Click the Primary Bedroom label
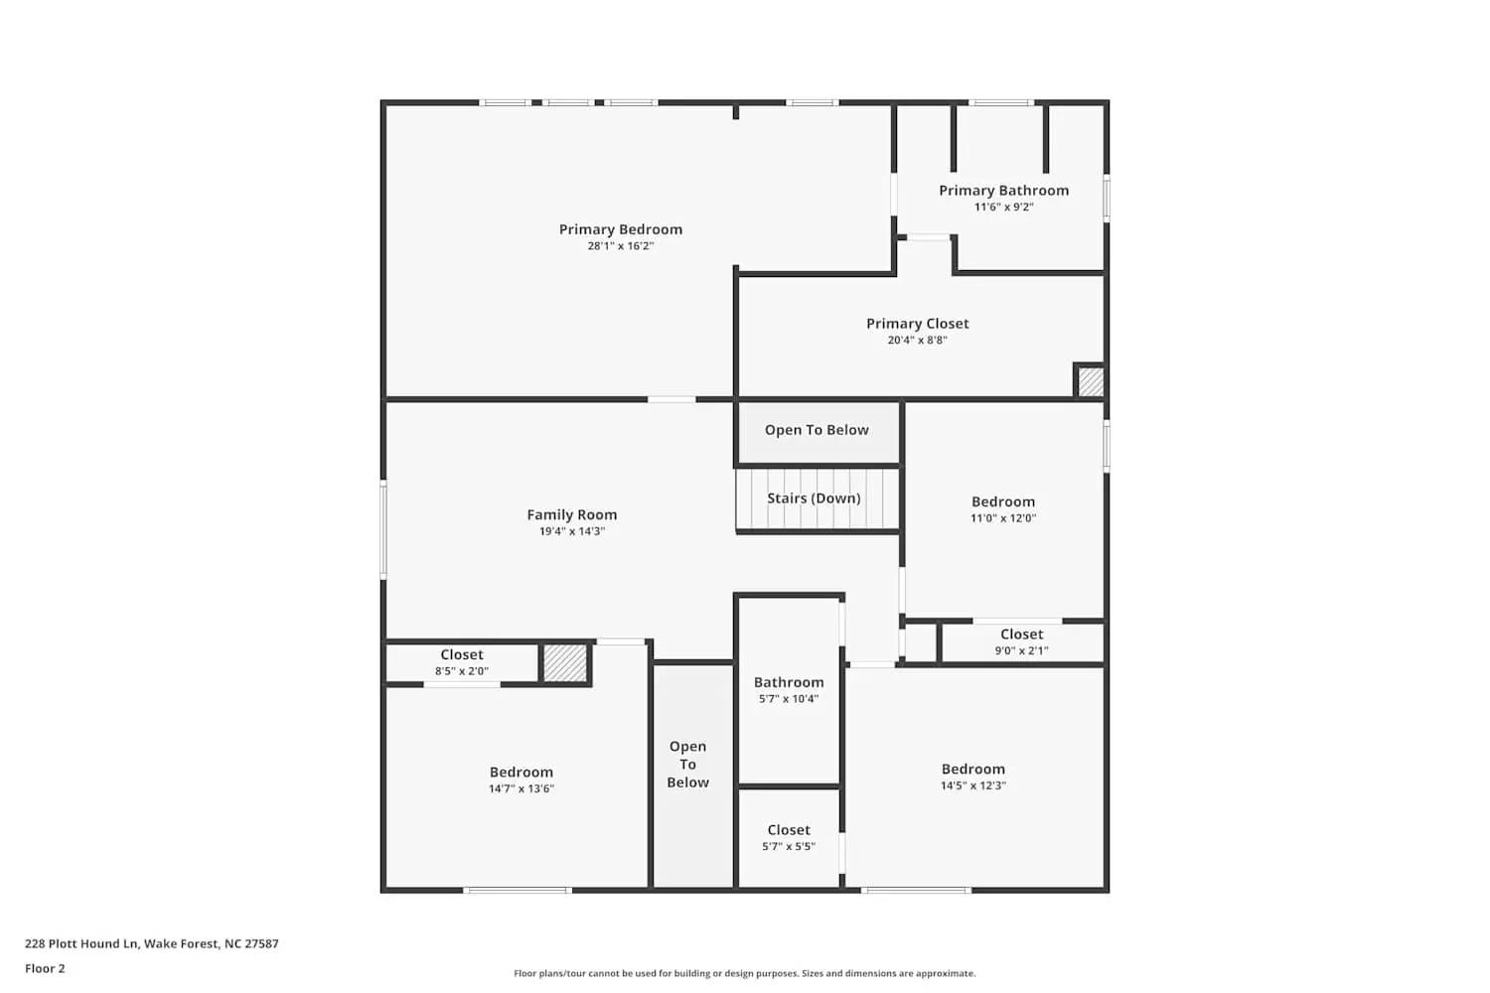click(621, 229)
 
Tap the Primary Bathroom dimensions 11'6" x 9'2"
click(1004, 208)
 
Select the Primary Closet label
click(917, 324)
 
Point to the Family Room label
click(572, 514)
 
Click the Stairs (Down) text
click(814, 498)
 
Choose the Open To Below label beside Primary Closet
click(817, 430)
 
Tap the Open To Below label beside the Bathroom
click(688, 765)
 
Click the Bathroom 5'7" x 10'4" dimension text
click(789, 699)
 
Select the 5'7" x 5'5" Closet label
click(789, 830)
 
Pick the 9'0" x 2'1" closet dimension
click(1021, 651)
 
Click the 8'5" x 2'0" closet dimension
click(462, 671)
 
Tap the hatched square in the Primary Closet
click(1091, 382)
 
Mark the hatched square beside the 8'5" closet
click(565, 663)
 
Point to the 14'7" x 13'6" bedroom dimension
click(521, 789)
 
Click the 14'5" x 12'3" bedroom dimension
click(973, 785)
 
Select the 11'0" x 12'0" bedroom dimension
click(1003, 518)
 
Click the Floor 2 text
click(45, 969)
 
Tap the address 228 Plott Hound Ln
click(152, 944)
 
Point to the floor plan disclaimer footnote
click(744, 974)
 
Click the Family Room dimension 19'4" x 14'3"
click(572, 531)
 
